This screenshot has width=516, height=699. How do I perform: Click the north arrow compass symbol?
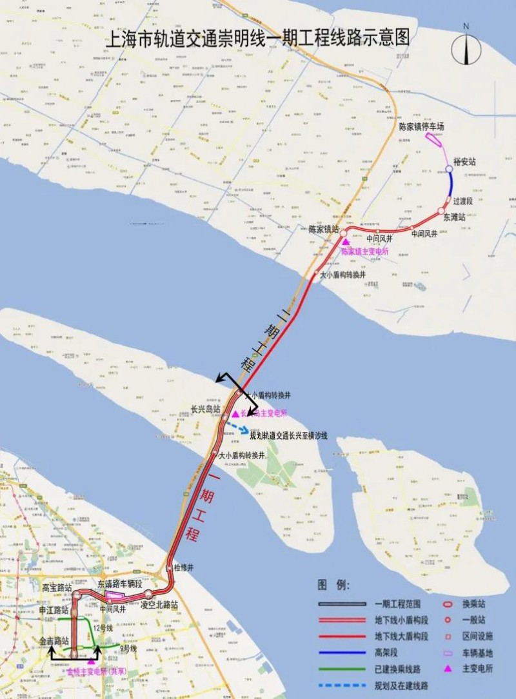pos(465,47)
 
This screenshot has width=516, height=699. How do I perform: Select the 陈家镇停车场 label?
pos(421,126)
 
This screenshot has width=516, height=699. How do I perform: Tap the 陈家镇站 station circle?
pos(344,232)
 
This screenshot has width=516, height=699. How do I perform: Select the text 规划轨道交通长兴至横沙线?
pos(289,436)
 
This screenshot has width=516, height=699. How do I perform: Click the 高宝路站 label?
pos(56,587)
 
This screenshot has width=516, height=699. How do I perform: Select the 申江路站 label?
pos(54,609)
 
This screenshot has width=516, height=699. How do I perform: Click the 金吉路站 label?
pos(54,642)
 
